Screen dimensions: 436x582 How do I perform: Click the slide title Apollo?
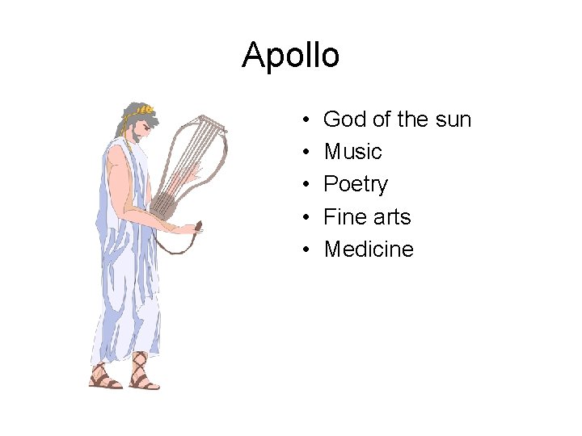(291, 55)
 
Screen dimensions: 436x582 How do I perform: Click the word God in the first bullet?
(344, 119)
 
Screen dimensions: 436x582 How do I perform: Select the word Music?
(352, 152)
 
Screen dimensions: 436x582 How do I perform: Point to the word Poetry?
(356, 185)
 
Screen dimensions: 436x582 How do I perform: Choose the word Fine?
(345, 217)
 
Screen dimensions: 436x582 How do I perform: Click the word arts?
(391, 217)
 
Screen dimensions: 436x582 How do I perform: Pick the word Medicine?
(369, 249)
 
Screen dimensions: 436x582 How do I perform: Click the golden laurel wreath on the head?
(143, 110)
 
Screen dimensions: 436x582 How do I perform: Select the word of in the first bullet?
(382, 119)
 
